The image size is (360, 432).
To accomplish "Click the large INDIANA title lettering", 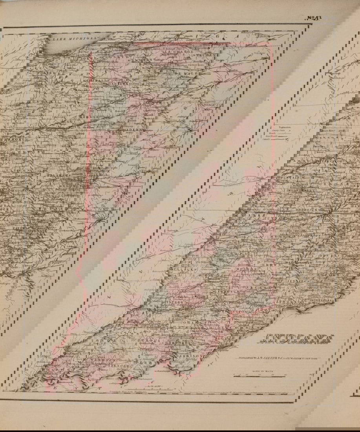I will [x=298, y=339].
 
